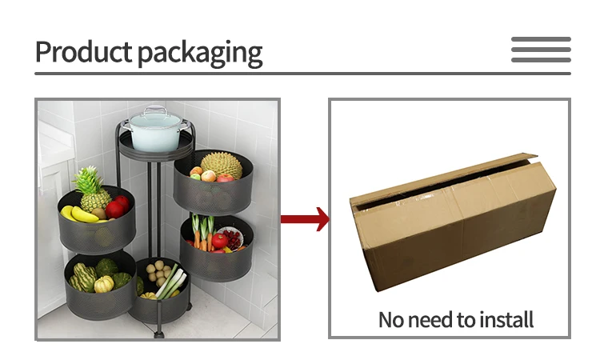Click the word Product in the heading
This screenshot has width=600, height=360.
(x=83, y=52)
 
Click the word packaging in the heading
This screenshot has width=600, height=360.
(x=200, y=54)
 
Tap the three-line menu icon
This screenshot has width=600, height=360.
(x=541, y=50)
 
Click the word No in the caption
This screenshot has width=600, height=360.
(x=391, y=321)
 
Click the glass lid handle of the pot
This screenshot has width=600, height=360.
(x=156, y=110)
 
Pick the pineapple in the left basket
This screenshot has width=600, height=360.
(x=94, y=192)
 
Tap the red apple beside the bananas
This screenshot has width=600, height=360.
(x=117, y=207)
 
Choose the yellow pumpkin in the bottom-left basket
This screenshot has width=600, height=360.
(x=104, y=284)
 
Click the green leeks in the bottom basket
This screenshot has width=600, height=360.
(x=170, y=283)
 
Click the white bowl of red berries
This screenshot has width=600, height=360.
(x=230, y=238)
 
